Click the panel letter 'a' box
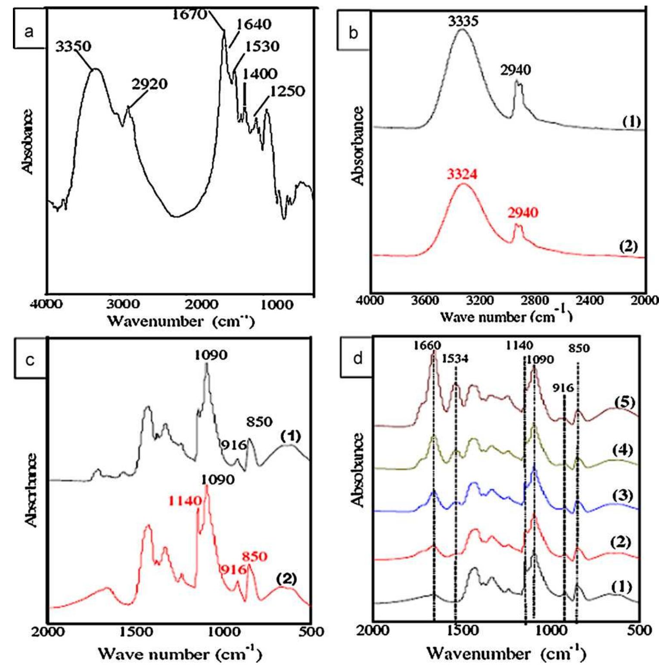(x=29, y=31)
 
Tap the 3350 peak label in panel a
(x=73, y=46)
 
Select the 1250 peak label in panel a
(x=287, y=91)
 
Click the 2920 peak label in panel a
(x=149, y=84)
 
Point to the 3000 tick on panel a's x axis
(x=123, y=305)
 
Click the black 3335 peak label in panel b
(x=463, y=21)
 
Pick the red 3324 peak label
(x=462, y=174)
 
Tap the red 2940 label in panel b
(x=522, y=212)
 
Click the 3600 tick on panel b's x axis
(x=425, y=300)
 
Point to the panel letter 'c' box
(x=30, y=360)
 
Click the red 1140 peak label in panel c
(x=185, y=501)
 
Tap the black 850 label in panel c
(x=259, y=421)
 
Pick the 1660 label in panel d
(x=427, y=345)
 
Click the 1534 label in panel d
(x=455, y=358)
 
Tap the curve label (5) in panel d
(x=625, y=402)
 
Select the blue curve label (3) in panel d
(x=622, y=495)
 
